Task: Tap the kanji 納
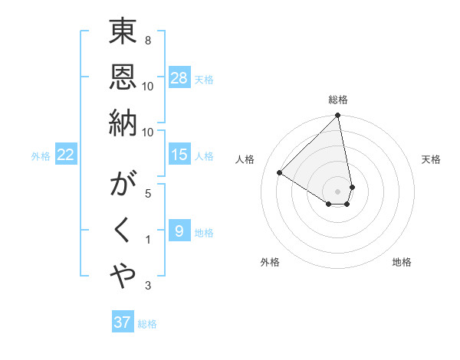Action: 123,123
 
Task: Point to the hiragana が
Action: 123,188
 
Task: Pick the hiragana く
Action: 123,232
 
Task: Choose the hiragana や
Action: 123,277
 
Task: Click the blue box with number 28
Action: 179,78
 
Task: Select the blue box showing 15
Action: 179,155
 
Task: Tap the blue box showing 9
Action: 179,231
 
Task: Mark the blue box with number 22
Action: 66,155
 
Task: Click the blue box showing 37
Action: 123,322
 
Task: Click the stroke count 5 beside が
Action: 147,194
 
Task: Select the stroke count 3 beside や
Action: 147,286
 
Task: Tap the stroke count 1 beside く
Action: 147,240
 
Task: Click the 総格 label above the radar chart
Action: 338,100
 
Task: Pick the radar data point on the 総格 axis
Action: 338,116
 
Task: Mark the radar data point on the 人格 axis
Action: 279,172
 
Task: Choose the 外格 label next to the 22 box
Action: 41,156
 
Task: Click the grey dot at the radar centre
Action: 338,191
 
